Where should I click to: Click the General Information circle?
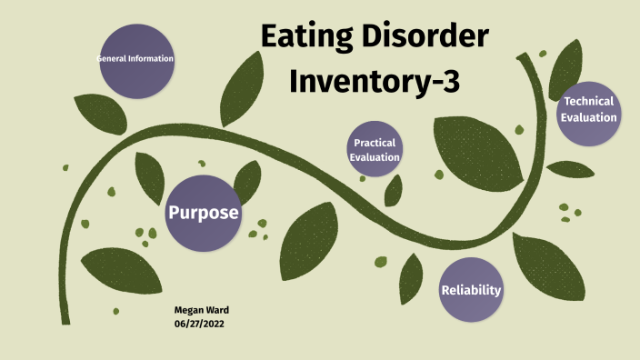135,60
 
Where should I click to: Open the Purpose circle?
203,213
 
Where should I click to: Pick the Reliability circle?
471,290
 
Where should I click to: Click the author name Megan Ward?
201,310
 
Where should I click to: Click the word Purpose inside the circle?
203,213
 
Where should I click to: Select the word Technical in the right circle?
588,101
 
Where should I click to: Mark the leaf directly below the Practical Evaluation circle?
394,190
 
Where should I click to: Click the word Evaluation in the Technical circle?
589,117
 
